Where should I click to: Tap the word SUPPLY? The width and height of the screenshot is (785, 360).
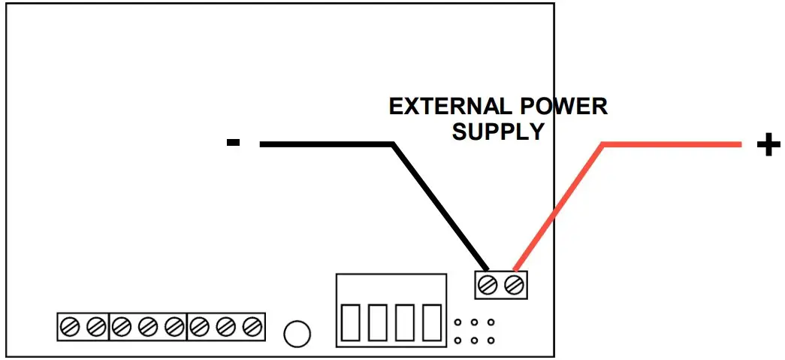(x=498, y=132)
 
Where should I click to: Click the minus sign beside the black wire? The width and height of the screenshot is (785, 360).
(x=233, y=143)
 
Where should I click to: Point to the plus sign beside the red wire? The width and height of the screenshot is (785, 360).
(x=767, y=145)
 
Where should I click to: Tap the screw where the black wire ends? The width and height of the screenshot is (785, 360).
(x=488, y=285)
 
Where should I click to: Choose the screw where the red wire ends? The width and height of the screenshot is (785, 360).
(x=514, y=285)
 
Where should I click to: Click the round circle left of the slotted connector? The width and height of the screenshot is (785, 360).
(x=297, y=332)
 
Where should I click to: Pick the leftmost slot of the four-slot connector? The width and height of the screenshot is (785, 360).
(x=351, y=322)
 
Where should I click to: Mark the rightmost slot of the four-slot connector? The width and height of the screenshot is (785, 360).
(x=431, y=322)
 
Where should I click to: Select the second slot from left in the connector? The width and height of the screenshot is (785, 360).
(x=378, y=322)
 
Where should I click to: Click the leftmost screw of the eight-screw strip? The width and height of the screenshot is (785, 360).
(x=70, y=326)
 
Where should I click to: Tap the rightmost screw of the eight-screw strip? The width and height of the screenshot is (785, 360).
(x=254, y=326)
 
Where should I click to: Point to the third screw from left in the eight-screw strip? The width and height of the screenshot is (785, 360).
(x=122, y=326)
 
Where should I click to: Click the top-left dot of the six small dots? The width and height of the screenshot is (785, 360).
(x=457, y=323)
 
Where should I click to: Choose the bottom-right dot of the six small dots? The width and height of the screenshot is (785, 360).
(x=491, y=340)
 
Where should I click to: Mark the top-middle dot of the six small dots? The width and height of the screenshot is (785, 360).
(x=474, y=323)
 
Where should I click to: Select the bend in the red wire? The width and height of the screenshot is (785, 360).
(x=603, y=144)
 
